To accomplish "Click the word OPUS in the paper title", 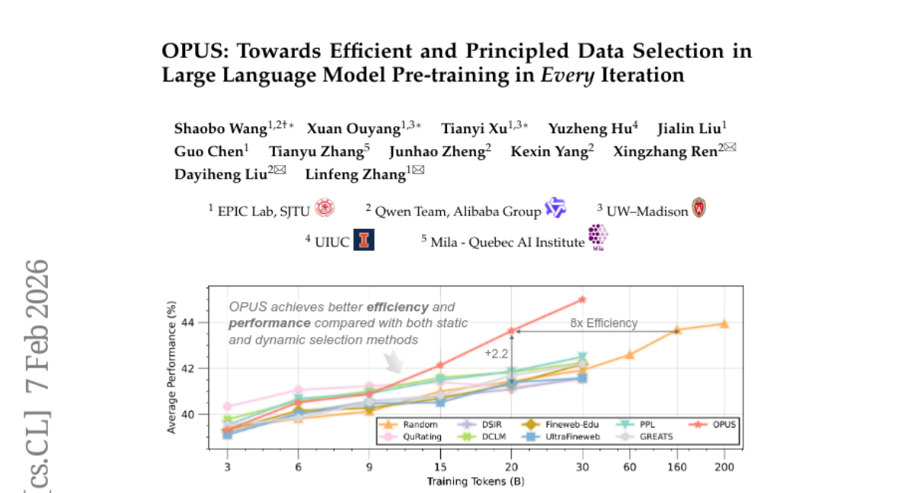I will [x=191, y=52].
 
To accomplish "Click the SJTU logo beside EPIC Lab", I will [x=325, y=208].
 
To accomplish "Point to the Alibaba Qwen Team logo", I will [x=555, y=208].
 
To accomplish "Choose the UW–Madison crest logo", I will [x=698, y=208].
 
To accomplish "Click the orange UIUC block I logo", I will [x=364, y=240].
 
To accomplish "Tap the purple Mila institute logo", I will [x=598, y=237].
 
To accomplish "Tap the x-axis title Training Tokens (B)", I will [x=475, y=481].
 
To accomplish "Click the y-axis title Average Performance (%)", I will [x=173, y=367].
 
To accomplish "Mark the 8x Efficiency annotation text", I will [x=603, y=323].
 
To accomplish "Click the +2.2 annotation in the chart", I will [x=496, y=353].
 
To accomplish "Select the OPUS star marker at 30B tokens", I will [x=583, y=300].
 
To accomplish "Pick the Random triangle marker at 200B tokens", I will [x=724, y=324].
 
